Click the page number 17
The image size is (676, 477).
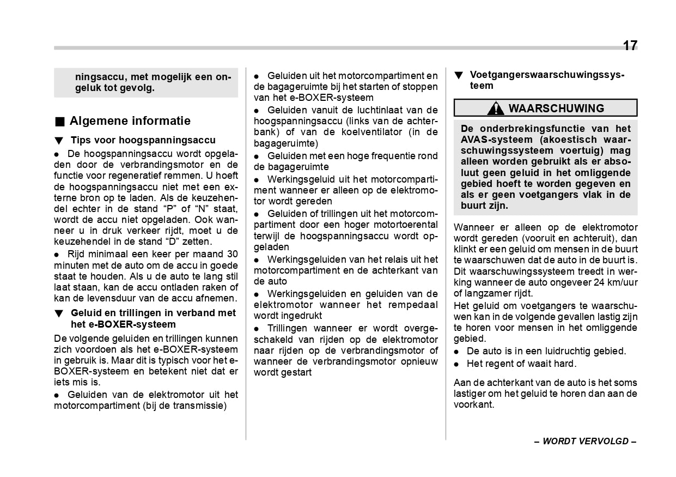tap(629, 46)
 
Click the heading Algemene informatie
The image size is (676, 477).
tap(130, 121)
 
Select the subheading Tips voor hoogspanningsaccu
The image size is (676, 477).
tap(143, 141)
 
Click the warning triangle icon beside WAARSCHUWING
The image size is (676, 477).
tap(495, 108)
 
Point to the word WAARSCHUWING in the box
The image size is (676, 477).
tap(556, 108)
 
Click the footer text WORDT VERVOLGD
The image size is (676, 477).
tap(585, 441)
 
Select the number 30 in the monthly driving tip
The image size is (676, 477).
tap(232, 254)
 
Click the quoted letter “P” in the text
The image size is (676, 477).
tap(169, 209)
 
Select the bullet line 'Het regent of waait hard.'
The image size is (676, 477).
tap(521, 364)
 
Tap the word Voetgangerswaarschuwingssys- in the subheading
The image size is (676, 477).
tap(547, 75)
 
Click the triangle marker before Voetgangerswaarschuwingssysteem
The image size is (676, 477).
tap(459, 75)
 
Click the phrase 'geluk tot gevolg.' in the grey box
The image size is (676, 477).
tap(114, 88)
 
